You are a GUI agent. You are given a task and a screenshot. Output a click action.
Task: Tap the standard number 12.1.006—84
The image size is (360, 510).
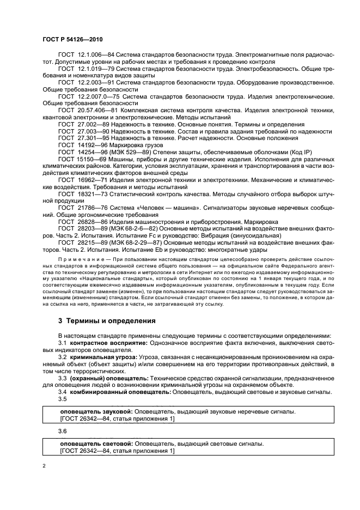pyautogui.click(x=91, y=55)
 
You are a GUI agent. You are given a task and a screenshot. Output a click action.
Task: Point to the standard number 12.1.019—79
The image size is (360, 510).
pyautogui.click(x=91, y=69)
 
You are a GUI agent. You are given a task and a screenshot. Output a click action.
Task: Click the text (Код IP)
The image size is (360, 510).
pyautogui.click(x=283, y=153)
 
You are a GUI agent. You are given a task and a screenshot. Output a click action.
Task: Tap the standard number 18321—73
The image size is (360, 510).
pyautogui.click(x=88, y=194)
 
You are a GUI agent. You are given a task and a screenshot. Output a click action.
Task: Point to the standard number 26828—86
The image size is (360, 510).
pyautogui.click(x=88, y=222)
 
